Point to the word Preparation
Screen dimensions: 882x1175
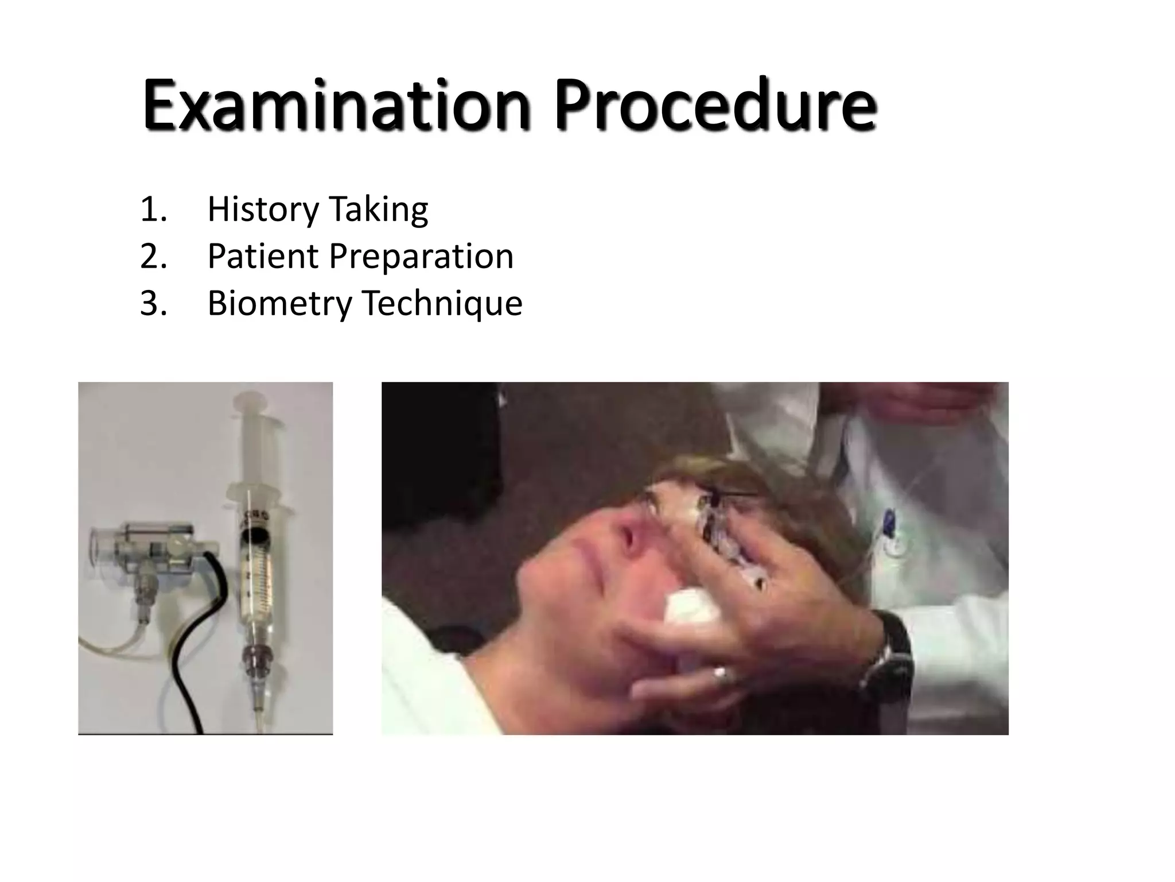click(421, 257)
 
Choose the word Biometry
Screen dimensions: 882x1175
click(279, 304)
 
